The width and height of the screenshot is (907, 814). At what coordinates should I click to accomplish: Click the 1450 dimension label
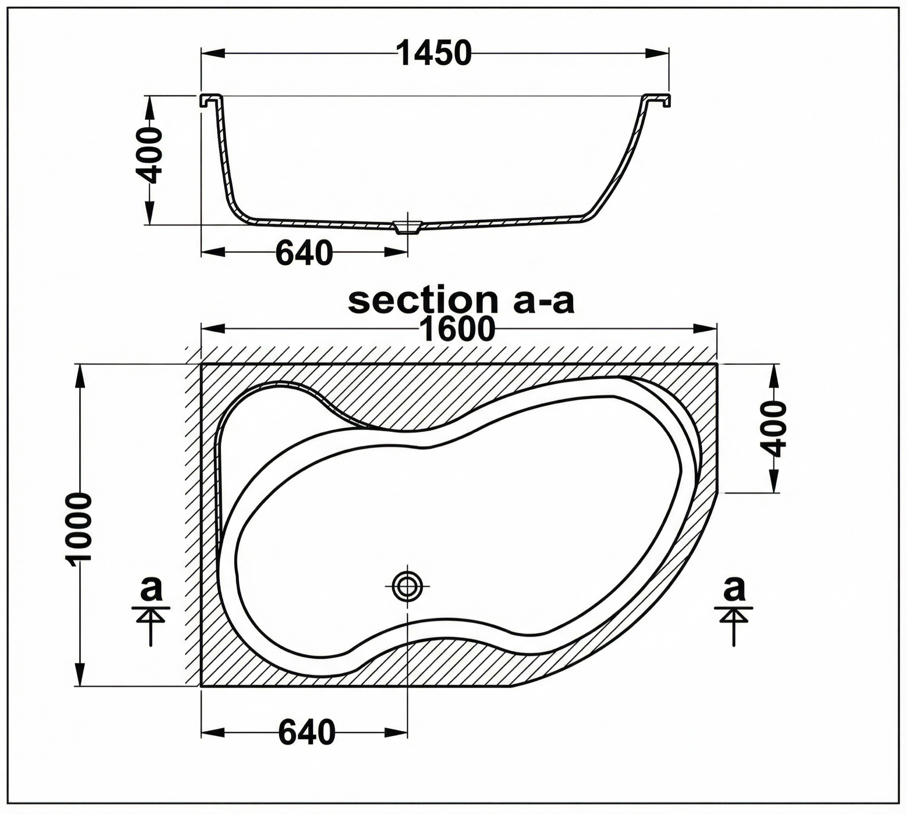[435, 53]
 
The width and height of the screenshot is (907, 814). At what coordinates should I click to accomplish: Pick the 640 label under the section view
[304, 253]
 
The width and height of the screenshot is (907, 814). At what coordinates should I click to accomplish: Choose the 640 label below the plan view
[307, 733]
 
